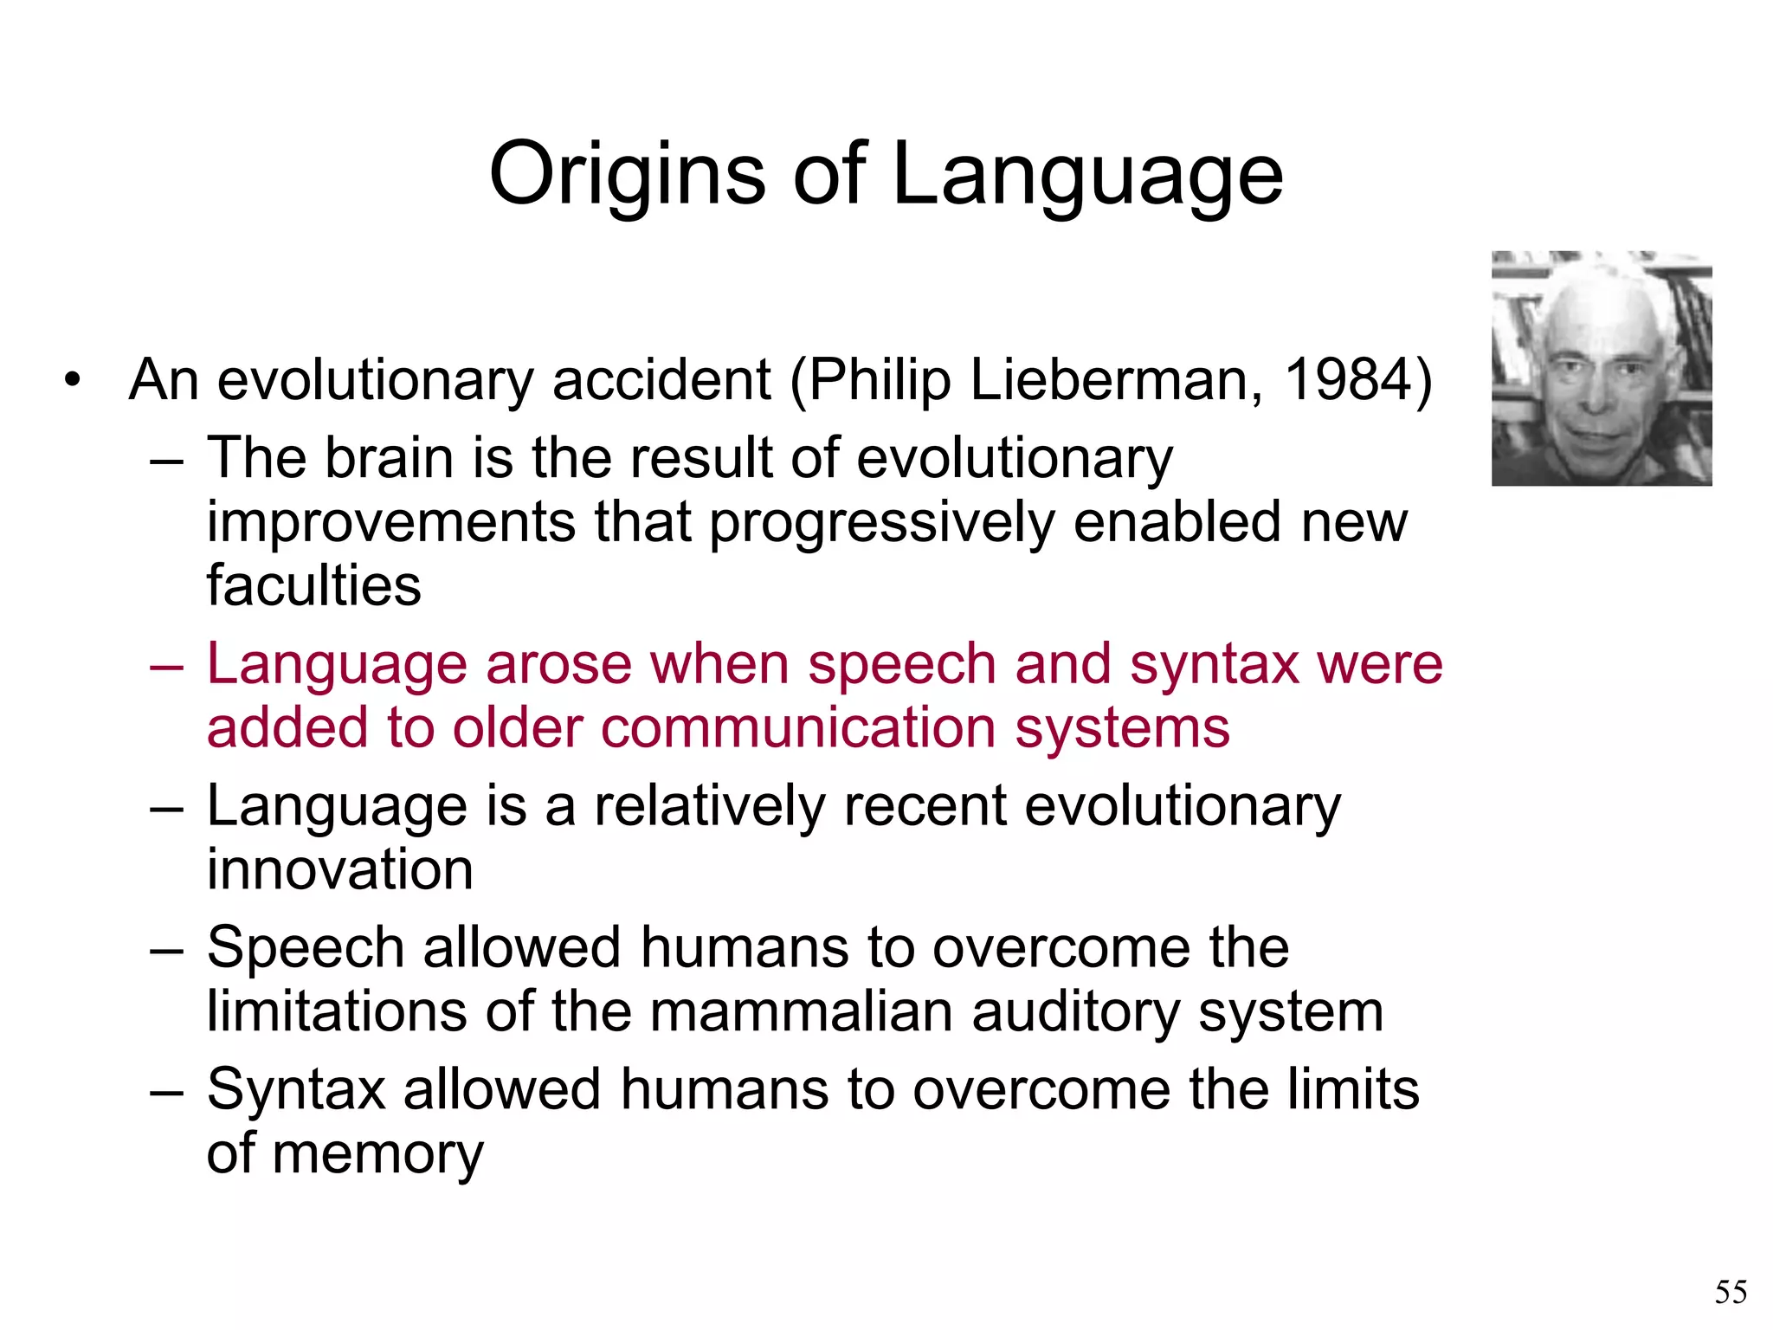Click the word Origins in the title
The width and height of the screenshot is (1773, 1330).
(628, 175)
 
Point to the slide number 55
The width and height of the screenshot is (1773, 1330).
(1731, 1292)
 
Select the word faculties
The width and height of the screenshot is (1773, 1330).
(313, 585)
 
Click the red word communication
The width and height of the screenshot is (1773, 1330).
(798, 727)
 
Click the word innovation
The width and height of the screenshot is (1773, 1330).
(339, 869)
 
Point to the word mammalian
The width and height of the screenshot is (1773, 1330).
(801, 1011)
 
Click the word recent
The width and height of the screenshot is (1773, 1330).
(925, 806)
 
